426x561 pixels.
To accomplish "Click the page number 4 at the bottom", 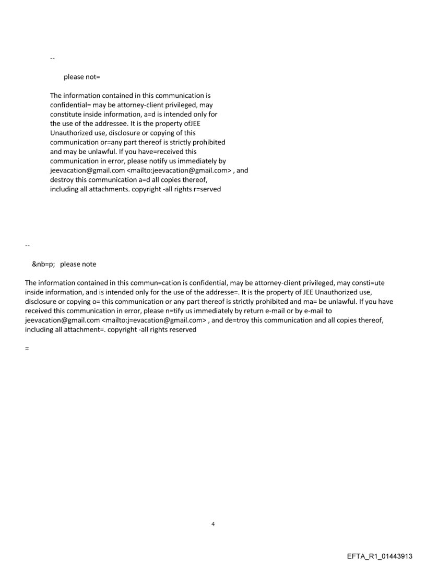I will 213,523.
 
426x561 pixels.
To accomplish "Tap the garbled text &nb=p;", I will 43,264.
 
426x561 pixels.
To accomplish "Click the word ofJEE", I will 188,123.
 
